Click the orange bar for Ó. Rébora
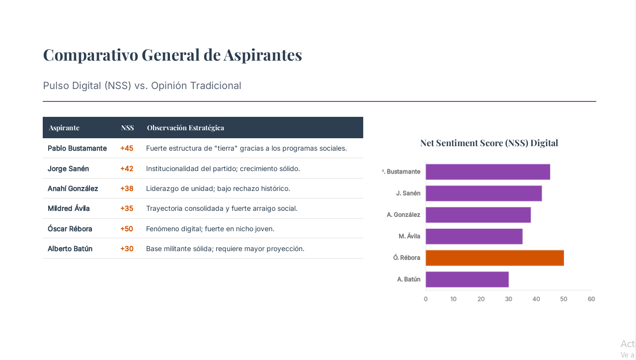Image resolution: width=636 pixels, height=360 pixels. pyautogui.click(x=494, y=258)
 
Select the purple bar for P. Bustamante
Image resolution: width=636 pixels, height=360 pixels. pyautogui.click(x=487, y=172)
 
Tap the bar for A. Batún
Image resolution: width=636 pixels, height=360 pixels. pyautogui.click(x=467, y=279)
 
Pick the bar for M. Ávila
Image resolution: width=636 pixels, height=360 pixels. pyautogui.click(x=474, y=236)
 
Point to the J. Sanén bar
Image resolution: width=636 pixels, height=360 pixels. pyautogui.click(x=483, y=193)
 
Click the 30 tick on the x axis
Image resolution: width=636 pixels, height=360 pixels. pyautogui.click(x=508, y=299)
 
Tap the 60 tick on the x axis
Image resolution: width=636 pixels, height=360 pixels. pyautogui.click(x=591, y=299)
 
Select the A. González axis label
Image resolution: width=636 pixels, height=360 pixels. pyautogui.click(x=403, y=215)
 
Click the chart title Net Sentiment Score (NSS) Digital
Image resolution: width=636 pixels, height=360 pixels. pyautogui.click(x=489, y=143)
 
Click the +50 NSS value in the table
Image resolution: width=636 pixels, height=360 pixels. pyautogui.click(x=127, y=229)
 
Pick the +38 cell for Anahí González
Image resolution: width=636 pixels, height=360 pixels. pyautogui.click(x=127, y=188)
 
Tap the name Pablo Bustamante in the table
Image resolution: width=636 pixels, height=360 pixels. pyautogui.click(x=77, y=148)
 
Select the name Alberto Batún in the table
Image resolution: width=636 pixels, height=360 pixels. pyautogui.click(x=70, y=249)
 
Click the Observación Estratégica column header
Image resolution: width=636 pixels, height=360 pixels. pyautogui.click(x=185, y=128)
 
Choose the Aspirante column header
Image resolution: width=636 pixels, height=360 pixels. pyautogui.click(x=64, y=128)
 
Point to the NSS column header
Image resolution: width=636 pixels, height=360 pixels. pyautogui.click(x=127, y=128)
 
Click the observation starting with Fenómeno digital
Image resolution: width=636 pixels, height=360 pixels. pyautogui.click(x=210, y=229)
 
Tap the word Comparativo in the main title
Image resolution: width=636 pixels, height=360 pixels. pyautogui.click(x=90, y=55)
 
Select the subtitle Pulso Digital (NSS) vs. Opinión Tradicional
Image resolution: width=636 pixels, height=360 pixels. pyautogui.click(x=142, y=86)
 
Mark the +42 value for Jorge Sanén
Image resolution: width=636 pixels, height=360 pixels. pyautogui.click(x=127, y=169)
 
